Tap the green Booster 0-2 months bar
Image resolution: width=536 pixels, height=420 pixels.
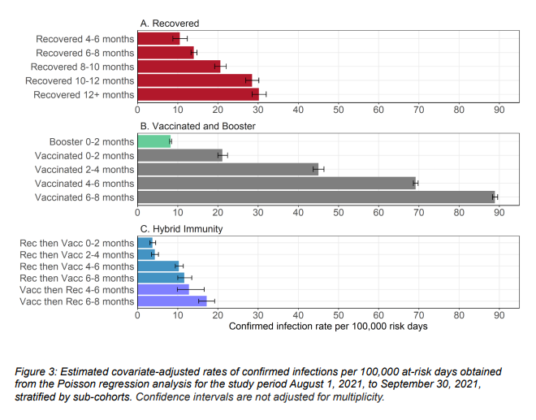click(x=153, y=141)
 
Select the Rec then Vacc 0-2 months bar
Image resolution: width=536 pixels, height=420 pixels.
click(x=145, y=243)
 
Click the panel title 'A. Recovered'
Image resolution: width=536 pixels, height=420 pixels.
click(x=171, y=23)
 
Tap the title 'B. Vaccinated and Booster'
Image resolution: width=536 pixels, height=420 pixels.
click(x=197, y=126)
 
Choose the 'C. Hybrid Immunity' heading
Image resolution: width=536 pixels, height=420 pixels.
click(x=181, y=229)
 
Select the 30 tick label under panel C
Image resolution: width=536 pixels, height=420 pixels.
click(x=258, y=315)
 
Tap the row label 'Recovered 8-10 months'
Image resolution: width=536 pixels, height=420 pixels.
click(x=82, y=66)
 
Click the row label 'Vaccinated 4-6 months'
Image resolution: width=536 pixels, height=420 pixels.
click(x=84, y=183)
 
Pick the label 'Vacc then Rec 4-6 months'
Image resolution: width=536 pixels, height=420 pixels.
click(x=78, y=290)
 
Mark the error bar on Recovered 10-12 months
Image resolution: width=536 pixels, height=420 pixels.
click(x=252, y=80)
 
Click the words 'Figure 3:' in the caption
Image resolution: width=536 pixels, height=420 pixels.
click(x=39, y=371)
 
